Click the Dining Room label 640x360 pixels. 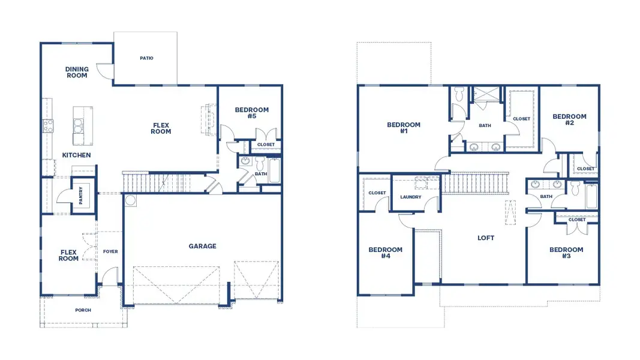(x=76, y=72)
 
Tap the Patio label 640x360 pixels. (x=146, y=58)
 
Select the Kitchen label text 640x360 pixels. (x=76, y=155)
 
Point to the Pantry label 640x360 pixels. (x=81, y=196)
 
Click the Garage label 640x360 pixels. (x=202, y=246)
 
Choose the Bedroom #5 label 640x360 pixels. (x=251, y=113)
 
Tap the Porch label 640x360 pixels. (x=83, y=310)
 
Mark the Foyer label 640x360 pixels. (x=110, y=251)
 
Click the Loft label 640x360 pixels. (x=486, y=238)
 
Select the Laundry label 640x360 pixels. (x=411, y=197)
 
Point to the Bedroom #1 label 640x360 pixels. (x=404, y=128)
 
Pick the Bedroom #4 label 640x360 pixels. (x=385, y=253)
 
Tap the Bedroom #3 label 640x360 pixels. (x=566, y=253)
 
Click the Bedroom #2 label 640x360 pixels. (x=569, y=119)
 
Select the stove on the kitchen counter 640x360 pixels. (x=48, y=125)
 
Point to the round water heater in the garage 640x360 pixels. (x=130, y=200)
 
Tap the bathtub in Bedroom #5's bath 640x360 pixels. (x=275, y=170)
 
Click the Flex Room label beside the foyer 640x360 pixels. (x=68, y=256)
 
